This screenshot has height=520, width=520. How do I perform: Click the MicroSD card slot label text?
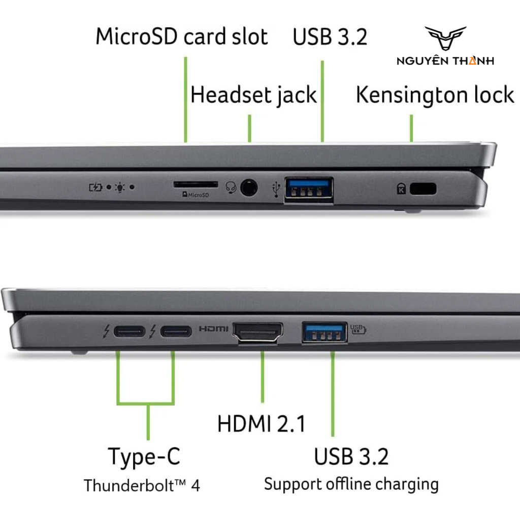coord(182,37)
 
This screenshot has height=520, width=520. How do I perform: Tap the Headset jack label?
coord(253,95)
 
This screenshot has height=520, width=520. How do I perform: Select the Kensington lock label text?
coord(435,95)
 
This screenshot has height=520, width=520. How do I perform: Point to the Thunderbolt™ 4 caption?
coord(142,485)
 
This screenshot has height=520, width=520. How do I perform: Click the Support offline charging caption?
coord(351,483)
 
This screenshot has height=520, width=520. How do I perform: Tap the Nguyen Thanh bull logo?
coord(445,39)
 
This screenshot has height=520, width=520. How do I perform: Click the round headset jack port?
coord(248,188)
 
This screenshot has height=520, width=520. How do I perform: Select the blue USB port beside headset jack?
coord(309,190)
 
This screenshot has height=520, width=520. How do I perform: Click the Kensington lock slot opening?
coord(423,189)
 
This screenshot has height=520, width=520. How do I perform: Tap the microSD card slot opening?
coord(196,184)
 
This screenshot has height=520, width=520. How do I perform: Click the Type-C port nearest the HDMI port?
coord(176,332)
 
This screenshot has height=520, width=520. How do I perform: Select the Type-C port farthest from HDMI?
coord(129,332)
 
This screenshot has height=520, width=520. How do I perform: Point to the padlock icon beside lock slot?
coord(401,189)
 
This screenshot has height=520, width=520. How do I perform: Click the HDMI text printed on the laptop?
coord(213,329)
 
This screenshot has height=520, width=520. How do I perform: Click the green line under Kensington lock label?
coord(411,128)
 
